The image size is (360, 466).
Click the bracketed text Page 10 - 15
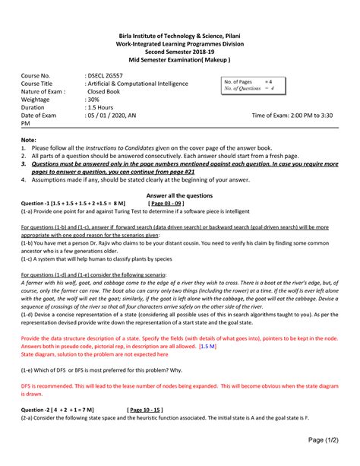click(152, 407)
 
